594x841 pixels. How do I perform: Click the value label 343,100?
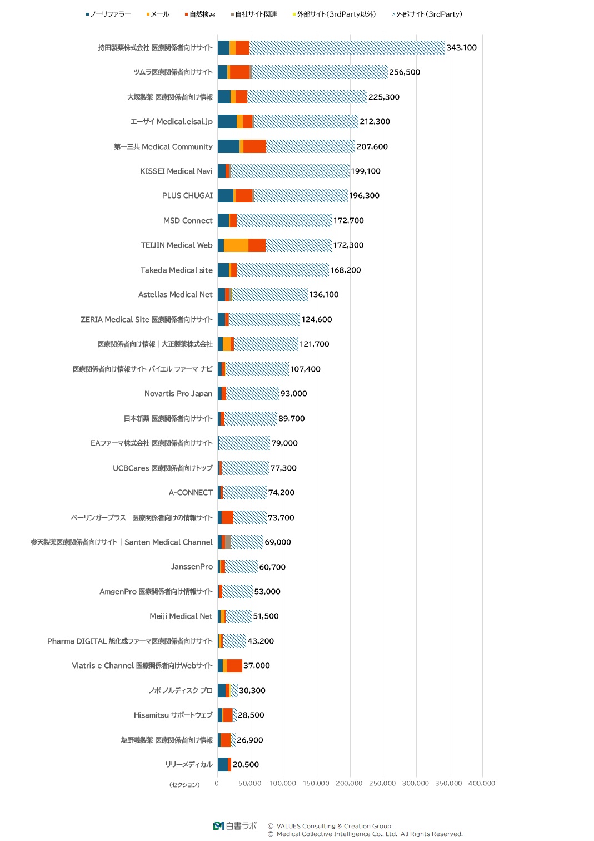click(x=461, y=48)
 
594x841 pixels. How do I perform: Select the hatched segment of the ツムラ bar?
click(x=320, y=72)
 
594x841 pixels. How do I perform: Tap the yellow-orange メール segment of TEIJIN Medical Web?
click(x=236, y=245)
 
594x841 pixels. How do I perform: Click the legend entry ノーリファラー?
click(x=109, y=14)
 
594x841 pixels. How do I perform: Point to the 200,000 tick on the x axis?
click(x=350, y=783)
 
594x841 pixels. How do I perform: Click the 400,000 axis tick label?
click(x=481, y=783)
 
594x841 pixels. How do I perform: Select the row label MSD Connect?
click(x=188, y=221)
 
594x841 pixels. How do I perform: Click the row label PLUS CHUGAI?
click(x=187, y=196)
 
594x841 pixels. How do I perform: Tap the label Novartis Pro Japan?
click(x=178, y=394)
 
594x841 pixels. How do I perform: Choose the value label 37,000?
click(x=257, y=666)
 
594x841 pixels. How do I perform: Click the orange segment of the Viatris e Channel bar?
click(x=234, y=666)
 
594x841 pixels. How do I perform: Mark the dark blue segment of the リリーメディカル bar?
click(x=223, y=765)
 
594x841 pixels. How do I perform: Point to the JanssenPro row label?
click(x=192, y=567)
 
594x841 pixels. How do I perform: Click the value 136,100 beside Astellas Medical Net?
click(x=324, y=295)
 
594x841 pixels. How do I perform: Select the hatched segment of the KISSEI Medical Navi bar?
click(x=290, y=171)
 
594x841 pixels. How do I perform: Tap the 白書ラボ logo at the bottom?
click(x=235, y=826)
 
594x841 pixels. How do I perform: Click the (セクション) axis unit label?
click(x=184, y=785)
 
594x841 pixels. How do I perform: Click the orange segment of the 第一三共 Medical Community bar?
click(x=254, y=147)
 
